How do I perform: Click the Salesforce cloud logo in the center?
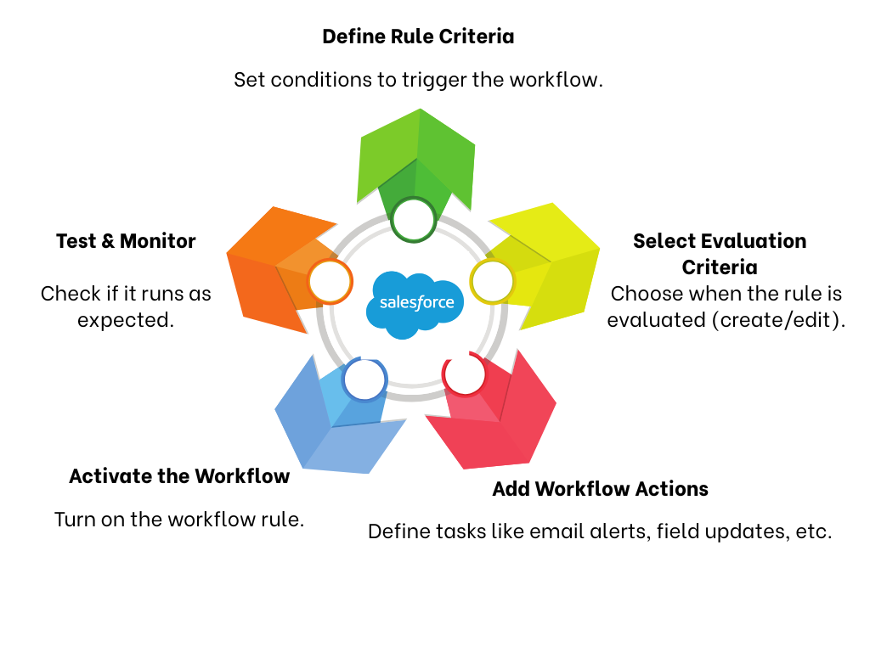coord(415,303)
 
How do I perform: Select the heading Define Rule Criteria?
coord(418,37)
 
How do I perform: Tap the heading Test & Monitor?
coord(126,241)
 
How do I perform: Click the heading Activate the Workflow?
coord(179,476)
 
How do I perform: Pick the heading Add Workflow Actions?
coord(600,489)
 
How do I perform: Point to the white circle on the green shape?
coord(415,220)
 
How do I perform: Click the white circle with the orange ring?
coord(330,281)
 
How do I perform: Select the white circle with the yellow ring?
coord(492,281)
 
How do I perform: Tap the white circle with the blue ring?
coord(364,379)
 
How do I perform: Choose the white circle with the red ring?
coord(465,374)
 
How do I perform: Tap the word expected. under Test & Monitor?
coord(126,320)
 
